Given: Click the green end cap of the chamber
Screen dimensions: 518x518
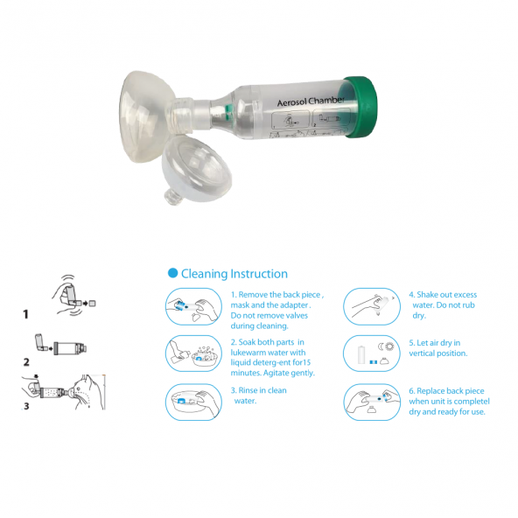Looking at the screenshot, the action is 360,107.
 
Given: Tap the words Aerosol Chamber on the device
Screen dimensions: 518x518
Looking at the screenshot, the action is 311,101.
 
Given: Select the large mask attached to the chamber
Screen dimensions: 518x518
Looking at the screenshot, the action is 146,116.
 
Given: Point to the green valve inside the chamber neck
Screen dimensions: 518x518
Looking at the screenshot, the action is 228,112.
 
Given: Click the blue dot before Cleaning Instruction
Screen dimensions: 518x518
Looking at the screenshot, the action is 172,273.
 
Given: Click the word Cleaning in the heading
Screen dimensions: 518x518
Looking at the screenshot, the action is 204,274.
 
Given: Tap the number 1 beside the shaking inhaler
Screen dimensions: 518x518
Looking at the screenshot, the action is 25,314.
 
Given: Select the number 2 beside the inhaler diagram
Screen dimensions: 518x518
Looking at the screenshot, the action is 26,362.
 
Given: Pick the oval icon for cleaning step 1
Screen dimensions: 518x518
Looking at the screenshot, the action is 193,306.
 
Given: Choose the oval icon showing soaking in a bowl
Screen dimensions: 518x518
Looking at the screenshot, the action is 193,353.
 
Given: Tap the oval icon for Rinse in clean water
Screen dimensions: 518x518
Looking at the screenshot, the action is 193,402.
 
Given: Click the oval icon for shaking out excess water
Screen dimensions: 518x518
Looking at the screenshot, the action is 372,306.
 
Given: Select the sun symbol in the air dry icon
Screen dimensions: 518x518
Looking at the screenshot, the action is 390,346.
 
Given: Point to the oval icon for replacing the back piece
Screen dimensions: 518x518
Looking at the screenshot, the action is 372,402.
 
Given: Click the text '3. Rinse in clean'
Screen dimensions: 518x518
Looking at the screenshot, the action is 259,390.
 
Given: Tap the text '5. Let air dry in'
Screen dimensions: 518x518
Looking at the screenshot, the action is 434,343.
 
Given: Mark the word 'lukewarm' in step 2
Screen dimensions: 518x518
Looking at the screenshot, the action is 248,353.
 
